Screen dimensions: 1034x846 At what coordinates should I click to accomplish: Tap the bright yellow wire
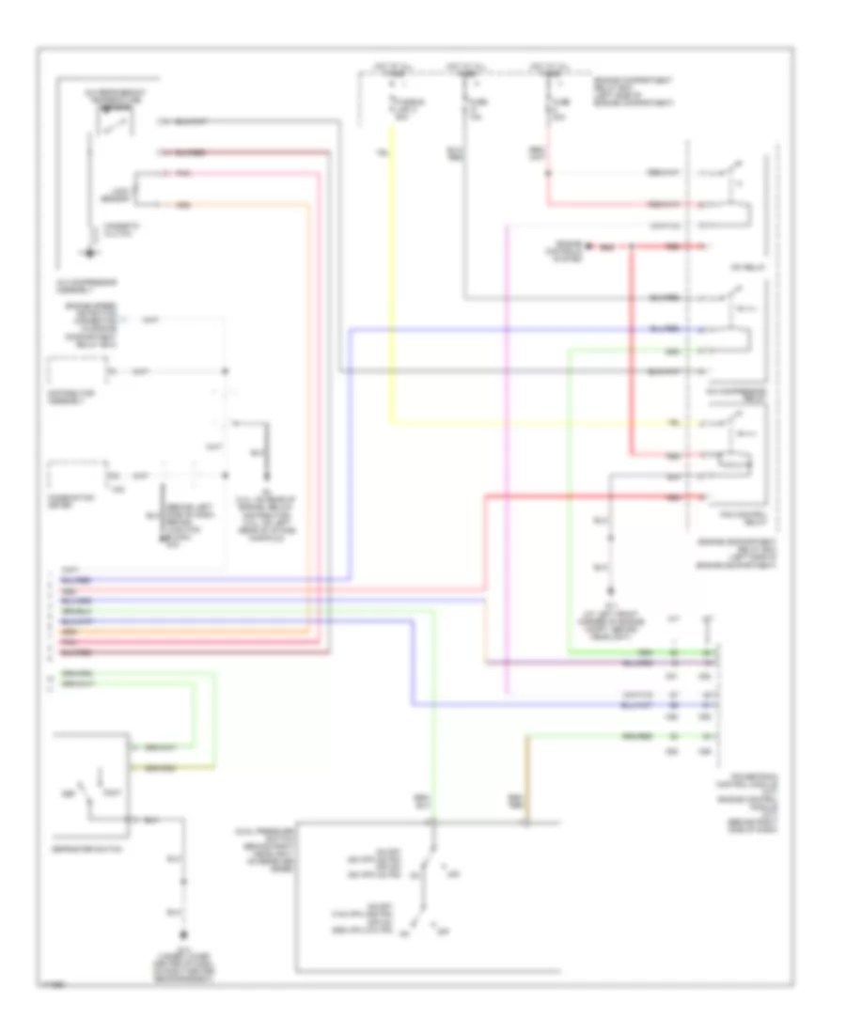[x=391, y=282]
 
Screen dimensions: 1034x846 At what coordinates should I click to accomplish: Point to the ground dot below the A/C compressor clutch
[x=90, y=252]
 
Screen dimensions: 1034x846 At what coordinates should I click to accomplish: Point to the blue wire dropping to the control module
[x=412, y=658]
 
